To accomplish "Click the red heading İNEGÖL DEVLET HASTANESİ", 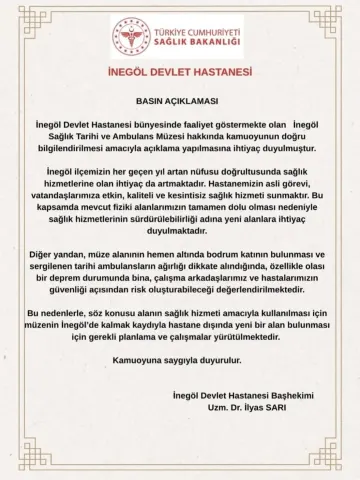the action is click(x=180, y=73).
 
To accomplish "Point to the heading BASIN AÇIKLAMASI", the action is click(x=180, y=102).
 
